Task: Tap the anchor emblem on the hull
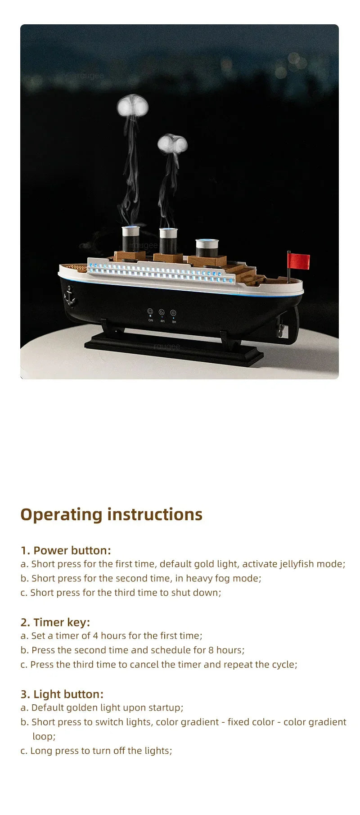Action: point(70,295)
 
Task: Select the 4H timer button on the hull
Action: point(162,312)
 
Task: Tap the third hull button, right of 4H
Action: point(173,313)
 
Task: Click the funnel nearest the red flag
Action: point(207,248)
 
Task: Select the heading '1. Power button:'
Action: point(66,550)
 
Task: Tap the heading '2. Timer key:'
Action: point(55,622)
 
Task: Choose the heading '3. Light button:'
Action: point(62,694)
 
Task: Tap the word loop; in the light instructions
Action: point(44,736)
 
